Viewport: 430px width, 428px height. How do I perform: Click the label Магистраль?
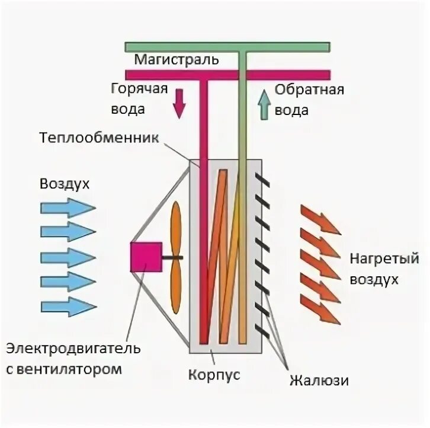coord(177,60)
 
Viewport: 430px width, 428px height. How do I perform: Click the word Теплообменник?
coord(100,138)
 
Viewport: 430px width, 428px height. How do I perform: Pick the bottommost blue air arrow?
coord(68,306)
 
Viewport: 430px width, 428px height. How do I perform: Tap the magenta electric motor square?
coord(146,257)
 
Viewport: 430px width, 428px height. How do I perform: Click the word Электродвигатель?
coord(73,348)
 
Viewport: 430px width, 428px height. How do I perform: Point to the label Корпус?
coord(214,375)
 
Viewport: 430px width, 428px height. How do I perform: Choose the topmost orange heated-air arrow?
coord(320,219)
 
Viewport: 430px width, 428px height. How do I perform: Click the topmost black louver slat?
coord(264,180)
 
